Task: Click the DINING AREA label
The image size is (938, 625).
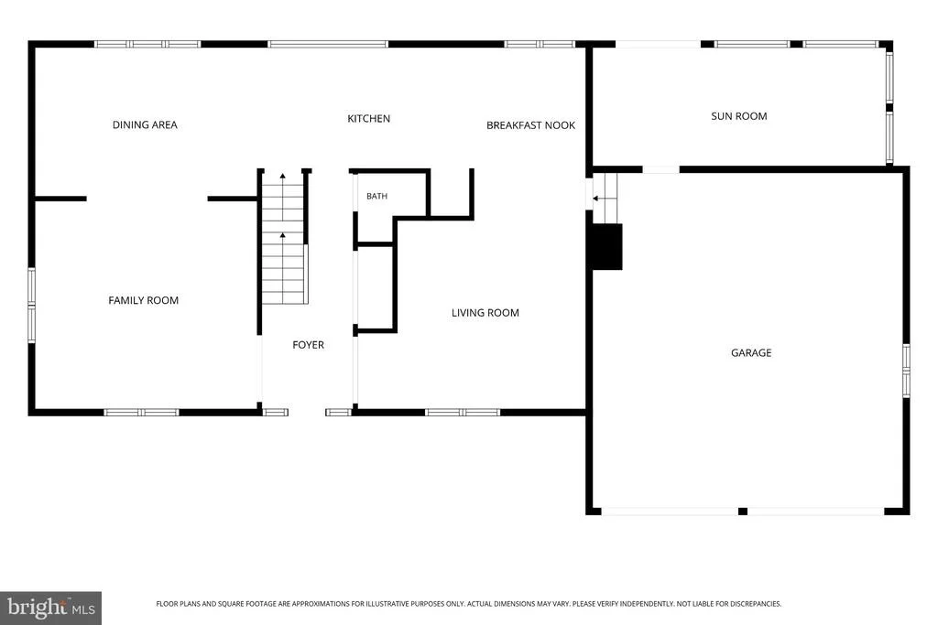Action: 145,124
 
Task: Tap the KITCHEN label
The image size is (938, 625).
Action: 368,118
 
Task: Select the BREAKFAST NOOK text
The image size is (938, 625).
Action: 530,125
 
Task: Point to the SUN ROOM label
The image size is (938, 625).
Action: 739,116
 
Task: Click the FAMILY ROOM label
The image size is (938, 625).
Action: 144,300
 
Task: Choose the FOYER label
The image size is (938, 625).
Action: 308,345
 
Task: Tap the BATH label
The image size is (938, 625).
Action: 376,196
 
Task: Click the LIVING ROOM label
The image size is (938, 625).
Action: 485,313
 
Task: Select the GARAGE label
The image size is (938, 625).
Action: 751,353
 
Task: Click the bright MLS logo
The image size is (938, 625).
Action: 51,609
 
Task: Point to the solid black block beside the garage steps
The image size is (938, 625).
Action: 607,247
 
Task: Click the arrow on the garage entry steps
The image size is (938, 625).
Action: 605,198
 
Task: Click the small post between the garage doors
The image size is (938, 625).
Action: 742,512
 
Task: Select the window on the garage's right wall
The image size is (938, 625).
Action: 906,371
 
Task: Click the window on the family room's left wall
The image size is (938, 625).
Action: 32,306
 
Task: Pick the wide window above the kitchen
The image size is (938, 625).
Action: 328,44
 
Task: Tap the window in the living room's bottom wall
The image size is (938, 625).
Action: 463,413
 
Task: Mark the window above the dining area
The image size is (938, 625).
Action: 147,44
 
